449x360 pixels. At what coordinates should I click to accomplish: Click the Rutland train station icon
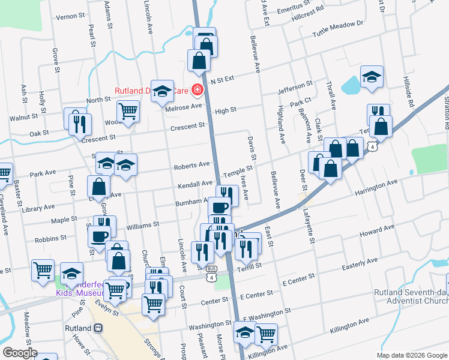tap(97, 329)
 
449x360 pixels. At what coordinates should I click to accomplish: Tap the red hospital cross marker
tap(197, 91)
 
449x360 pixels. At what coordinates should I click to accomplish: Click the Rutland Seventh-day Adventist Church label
tap(411, 297)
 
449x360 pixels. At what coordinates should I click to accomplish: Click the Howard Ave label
tap(376, 230)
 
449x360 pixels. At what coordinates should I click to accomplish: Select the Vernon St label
tap(68, 17)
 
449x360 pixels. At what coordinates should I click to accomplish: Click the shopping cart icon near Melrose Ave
tap(128, 111)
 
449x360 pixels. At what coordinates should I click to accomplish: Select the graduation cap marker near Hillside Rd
tap(372, 77)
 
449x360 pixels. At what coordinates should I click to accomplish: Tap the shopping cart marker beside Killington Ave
tap(266, 334)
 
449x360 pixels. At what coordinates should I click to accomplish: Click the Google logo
tap(20, 353)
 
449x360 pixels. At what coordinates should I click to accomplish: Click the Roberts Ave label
tap(191, 165)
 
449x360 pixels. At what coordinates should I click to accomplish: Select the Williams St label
tap(142, 225)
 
